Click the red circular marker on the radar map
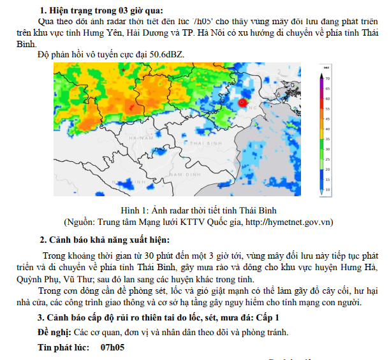(242, 103)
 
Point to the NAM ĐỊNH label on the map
(186, 173)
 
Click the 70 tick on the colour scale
(328, 78)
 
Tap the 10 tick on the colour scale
(328, 190)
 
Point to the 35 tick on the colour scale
(328, 139)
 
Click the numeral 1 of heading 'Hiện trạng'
(43, 10)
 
